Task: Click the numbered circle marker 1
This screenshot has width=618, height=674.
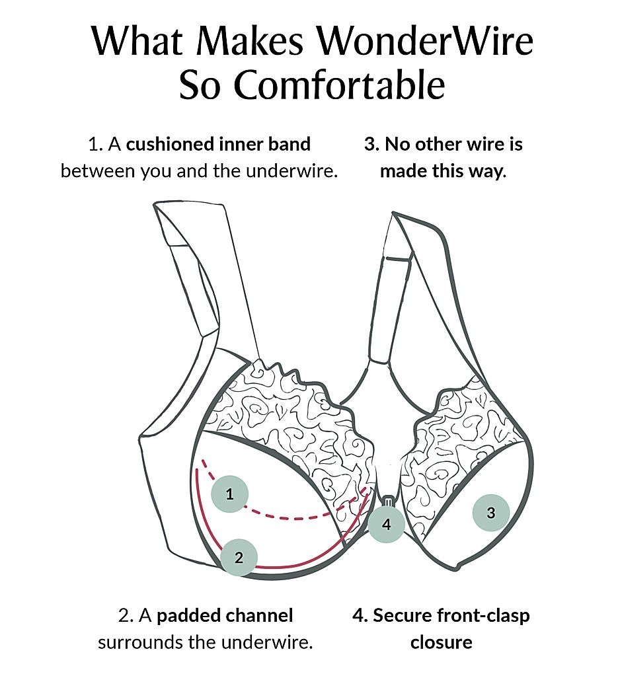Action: tap(229, 494)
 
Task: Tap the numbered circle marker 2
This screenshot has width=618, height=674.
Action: tap(239, 557)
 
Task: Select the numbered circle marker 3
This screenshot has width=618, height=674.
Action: tap(490, 512)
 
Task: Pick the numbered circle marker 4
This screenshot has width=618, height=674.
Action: tap(387, 525)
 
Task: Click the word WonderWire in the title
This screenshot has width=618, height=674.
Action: tap(425, 42)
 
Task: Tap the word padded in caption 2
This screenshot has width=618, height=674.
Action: tap(188, 616)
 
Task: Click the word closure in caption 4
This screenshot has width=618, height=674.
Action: tap(441, 642)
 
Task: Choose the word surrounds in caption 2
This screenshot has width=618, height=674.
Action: tap(142, 642)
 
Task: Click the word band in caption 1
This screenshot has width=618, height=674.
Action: tap(288, 144)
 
